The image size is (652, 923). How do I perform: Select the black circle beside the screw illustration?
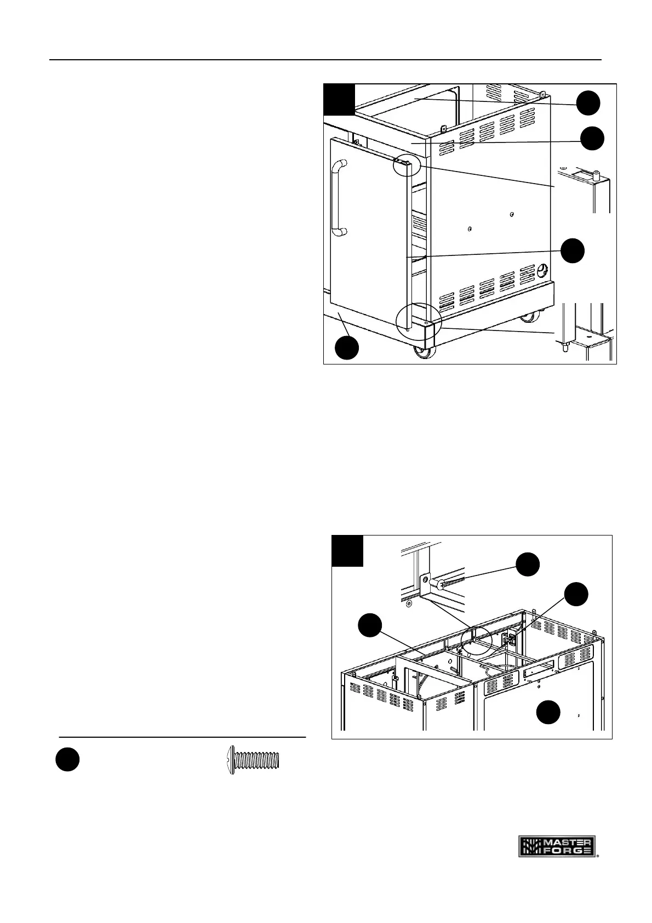(67, 761)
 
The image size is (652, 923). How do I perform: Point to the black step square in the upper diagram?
(339, 99)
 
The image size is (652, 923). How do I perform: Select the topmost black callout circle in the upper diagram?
(588, 103)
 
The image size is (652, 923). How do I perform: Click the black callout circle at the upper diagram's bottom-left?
(347, 348)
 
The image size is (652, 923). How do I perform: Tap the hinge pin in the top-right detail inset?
(597, 176)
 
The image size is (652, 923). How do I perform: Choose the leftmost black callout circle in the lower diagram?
(370, 626)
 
